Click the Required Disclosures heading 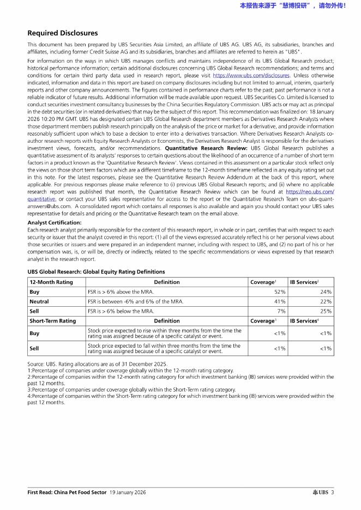click(x=63, y=33)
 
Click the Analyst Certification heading click(x=55, y=222)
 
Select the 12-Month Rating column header click(x=51, y=282)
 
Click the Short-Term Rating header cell click(x=53, y=321)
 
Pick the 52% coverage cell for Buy click(x=280, y=292)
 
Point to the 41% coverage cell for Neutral click(x=280, y=301)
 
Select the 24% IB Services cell click(x=326, y=292)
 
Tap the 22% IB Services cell click(x=326, y=301)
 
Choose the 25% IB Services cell click(x=326, y=311)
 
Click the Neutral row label click(x=39, y=301)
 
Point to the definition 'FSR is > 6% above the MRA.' click(x=121, y=292)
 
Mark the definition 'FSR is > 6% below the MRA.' click(x=121, y=311)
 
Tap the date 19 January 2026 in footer click(x=128, y=493)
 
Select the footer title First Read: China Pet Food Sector click(x=67, y=493)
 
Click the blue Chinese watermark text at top click(x=292, y=5)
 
